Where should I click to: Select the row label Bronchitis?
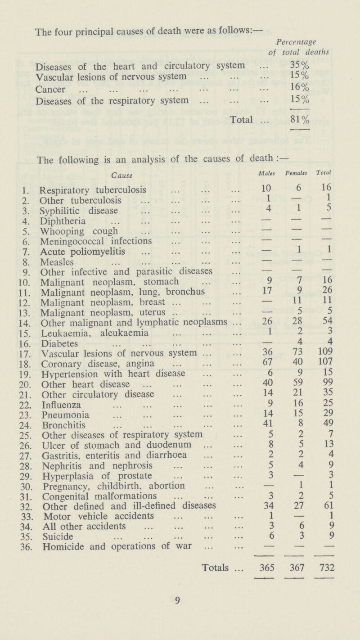tap(57, 436)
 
